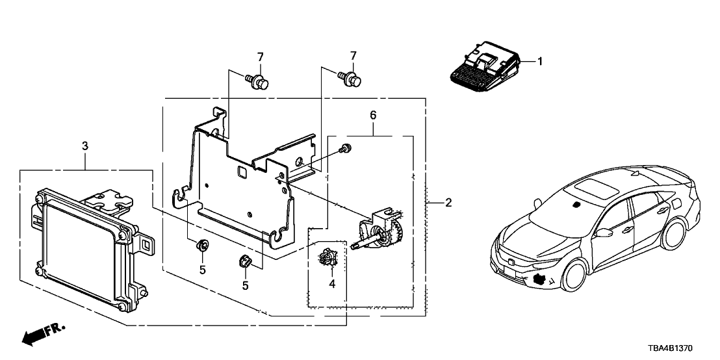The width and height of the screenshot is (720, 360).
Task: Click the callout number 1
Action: [x=539, y=62]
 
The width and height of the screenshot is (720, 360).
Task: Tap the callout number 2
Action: [x=449, y=203]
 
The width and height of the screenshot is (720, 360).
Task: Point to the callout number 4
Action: [x=332, y=283]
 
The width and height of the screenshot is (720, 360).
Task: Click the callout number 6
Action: [x=374, y=115]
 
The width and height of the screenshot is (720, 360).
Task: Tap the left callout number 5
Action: [x=202, y=269]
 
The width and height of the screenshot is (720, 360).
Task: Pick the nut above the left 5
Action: [x=202, y=246]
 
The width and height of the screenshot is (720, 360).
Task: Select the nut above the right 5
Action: [x=246, y=261]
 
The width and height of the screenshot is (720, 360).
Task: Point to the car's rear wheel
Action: [x=676, y=234]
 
